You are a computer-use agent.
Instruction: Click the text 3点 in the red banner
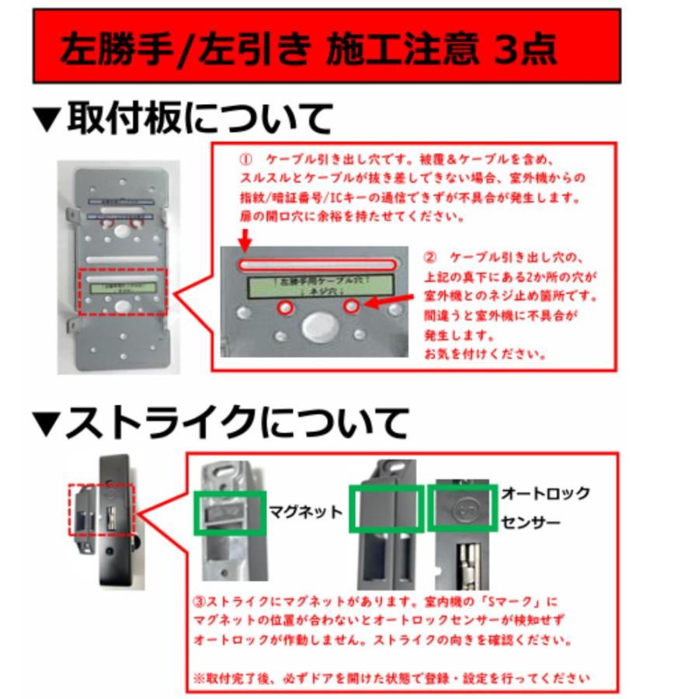click(525, 49)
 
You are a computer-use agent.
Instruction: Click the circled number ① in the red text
click(246, 158)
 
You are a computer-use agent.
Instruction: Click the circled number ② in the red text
click(431, 257)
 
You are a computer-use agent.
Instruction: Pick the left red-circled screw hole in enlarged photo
click(287, 308)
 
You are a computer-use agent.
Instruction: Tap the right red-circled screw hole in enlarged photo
click(351, 308)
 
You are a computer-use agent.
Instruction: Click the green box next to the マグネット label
click(229, 513)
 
